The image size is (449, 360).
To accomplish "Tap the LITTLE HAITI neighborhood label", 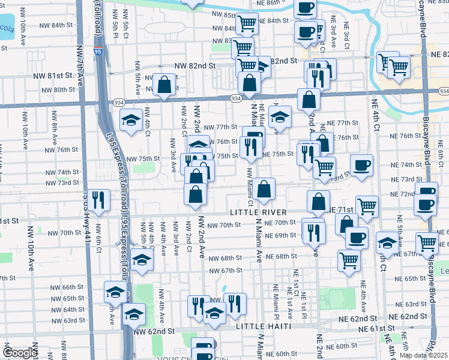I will tap(264, 326).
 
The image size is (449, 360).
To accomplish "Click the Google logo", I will tap(20, 353).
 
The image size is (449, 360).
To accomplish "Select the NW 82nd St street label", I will tap(194, 65).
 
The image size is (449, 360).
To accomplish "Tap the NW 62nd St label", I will tap(154, 331).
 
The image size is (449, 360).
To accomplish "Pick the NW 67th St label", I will tap(223, 271).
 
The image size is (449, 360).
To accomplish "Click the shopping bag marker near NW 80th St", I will tap(164, 85).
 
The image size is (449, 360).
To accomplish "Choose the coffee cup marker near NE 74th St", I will tap(361, 166).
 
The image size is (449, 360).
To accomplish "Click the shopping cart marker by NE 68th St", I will tap(349, 260).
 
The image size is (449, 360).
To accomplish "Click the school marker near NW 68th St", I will tap(142, 260).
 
